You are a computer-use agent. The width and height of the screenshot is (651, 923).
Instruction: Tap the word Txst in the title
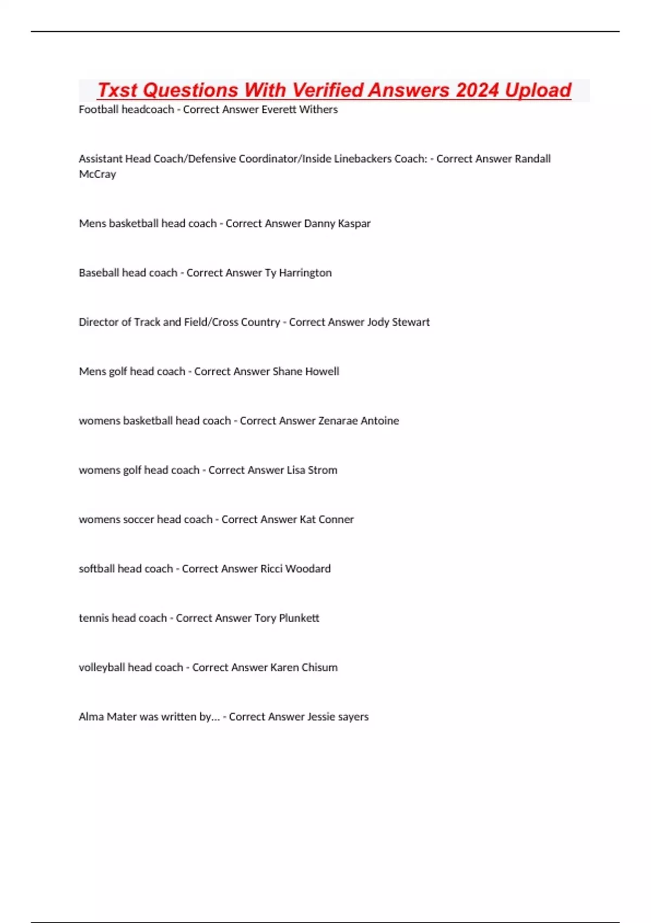pyautogui.click(x=118, y=90)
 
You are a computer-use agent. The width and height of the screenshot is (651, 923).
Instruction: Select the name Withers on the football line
pyautogui.click(x=318, y=110)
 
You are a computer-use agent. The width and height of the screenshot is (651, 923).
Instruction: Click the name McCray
pyautogui.click(x=98, y=174)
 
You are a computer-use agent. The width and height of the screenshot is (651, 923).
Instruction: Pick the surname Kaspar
pyautogui.click(x=354, y=224)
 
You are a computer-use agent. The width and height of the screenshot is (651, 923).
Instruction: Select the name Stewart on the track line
pyautogui.click(x=411, y=323)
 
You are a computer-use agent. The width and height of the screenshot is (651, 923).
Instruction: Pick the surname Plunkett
pyautogui.click(x=299, y=618)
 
